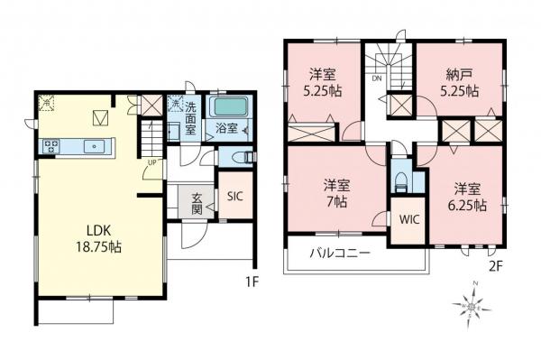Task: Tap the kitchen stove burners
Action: (50, 145)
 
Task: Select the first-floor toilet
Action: (236, 157)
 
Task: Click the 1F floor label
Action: (252, 281)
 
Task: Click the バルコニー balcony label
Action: (342, 254)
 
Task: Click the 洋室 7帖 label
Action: (337, 195)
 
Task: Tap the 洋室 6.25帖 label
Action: (466, 197)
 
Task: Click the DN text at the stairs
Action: (376, 78)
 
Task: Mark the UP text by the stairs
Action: (153, 162)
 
